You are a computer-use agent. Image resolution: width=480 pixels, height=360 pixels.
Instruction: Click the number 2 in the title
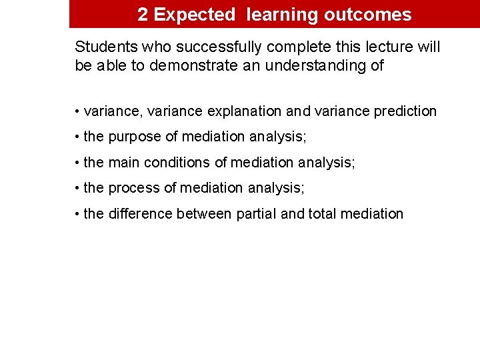pos(143,15)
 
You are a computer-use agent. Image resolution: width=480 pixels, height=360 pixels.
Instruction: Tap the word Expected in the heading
pos(195,15)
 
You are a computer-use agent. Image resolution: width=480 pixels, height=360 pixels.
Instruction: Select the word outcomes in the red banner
pos(367,15)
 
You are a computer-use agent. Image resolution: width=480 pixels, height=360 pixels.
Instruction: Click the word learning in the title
pos(283,15)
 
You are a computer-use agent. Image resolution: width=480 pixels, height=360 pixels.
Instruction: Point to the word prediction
pos(406,111)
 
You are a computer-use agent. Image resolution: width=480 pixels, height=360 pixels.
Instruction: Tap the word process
pos(134,188)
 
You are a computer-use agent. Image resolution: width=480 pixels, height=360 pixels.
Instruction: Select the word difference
pos(140,214)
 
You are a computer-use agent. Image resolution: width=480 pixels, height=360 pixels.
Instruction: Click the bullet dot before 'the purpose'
pos(78,137)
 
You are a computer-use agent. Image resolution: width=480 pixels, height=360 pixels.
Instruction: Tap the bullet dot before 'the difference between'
pos(78,215)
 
